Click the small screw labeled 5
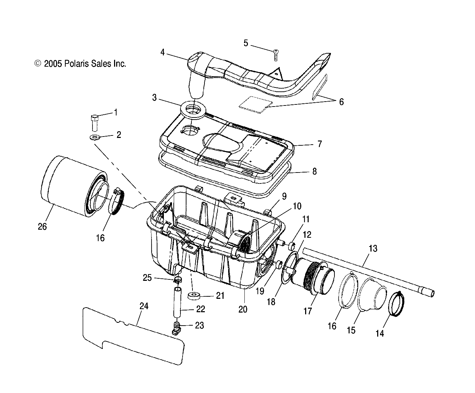pos(276,55)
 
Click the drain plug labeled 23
pos(176,327)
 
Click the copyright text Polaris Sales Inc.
pos(80,64)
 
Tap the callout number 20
pos(243,309)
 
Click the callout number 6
pos(341,102)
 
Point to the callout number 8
pos(314,171)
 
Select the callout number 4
pos(162,53)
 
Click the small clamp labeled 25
pos(178,280)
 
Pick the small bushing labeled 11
pos(292,245)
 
